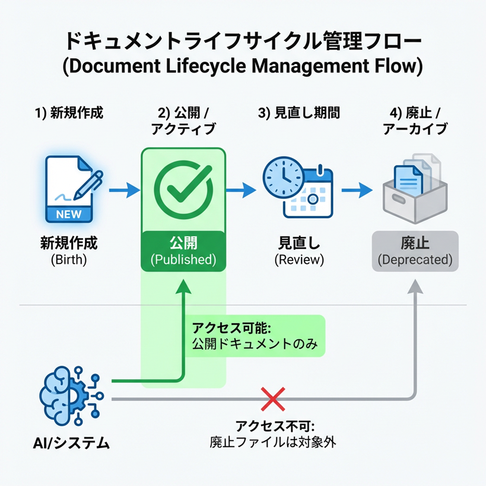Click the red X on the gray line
tap(273, 399)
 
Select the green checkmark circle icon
tap(183, 190)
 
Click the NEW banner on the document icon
tap(68, 214)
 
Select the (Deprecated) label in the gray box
tap(415, 260)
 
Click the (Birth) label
tap(68, 259)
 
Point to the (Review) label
tap(299, 259)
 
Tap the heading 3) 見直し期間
tap(299, 113)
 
